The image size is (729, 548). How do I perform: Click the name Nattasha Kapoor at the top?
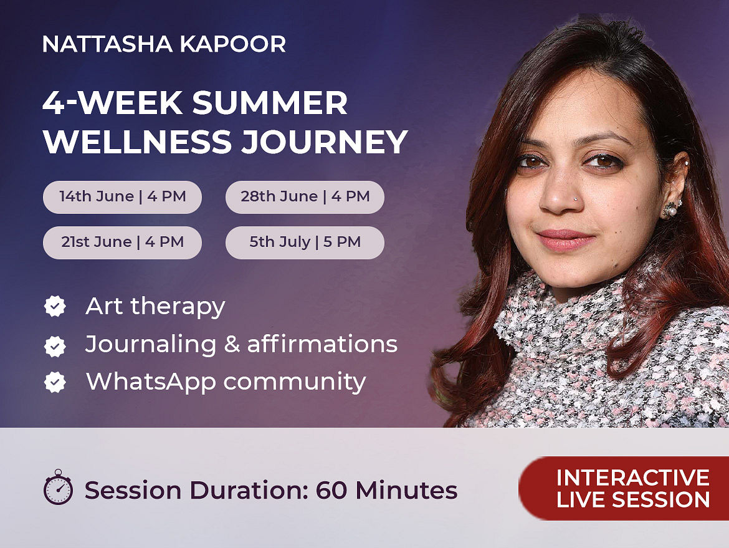[164, 44]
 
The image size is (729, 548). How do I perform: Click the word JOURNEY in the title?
[325, 142]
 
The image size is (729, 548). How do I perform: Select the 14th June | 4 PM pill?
[122, 197]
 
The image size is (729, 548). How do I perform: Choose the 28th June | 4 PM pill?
[305, 197]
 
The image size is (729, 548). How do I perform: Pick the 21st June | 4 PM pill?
[122, 243]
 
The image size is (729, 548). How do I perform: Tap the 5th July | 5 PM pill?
[305, 243]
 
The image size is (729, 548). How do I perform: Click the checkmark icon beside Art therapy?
[55, 306]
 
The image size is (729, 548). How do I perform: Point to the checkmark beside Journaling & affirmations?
[55, 346]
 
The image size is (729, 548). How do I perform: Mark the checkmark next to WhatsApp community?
[55, 382]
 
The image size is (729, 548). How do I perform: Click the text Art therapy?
[155, 307]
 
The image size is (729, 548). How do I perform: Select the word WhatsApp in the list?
[151, 382]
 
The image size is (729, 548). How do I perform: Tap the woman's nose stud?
[576, 198]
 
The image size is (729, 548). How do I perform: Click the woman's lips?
[565, 239]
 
